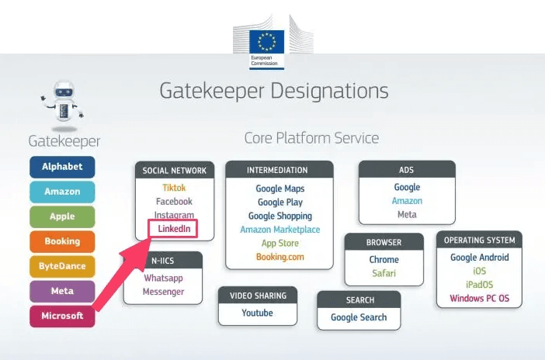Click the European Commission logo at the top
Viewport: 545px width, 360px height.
click(x=272, y=44)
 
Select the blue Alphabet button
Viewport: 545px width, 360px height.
click(x=62, y=167)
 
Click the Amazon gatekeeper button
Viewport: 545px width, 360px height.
click(x=62, y=192)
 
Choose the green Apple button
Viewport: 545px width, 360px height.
click(x=62, y=216)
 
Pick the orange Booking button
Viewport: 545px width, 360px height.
click(x=62, y=241)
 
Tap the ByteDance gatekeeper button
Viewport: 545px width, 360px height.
click(x=62, y=266)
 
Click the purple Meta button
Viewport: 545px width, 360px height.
click(x=62, y=291)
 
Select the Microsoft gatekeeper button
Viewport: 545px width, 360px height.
click(x=62, y=316)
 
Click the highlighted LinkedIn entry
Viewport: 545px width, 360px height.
click(x=173, y=229)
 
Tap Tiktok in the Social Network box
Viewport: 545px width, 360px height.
click(x=174, y=187)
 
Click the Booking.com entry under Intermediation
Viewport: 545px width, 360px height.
click(x=279, y=257)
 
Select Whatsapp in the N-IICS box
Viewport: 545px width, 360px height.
click(x=163, y=278)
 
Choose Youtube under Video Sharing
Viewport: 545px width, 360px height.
click(x=257, y=313)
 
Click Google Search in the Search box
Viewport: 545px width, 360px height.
click(x=359, y=317)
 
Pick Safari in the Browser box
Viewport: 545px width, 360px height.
click(x=384, y=274)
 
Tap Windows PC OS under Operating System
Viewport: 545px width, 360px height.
click(x=479, y=299)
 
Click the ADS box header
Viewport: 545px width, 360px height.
click(x=406, y=170)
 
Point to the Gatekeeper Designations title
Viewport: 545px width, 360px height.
click(x=273, y=92)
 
